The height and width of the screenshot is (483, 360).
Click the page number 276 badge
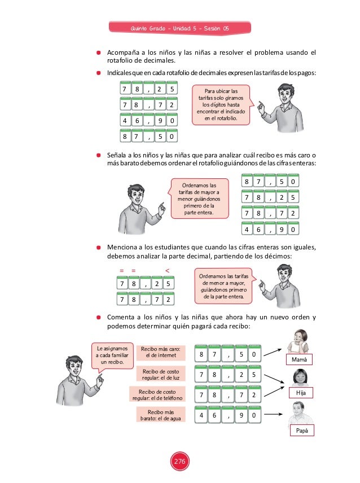coord(179,462)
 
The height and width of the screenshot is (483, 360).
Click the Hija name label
coord(300,392)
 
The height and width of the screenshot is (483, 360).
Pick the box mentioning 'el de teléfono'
coord(157,394)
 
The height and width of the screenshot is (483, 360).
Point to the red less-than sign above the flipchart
coord(167,270)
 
